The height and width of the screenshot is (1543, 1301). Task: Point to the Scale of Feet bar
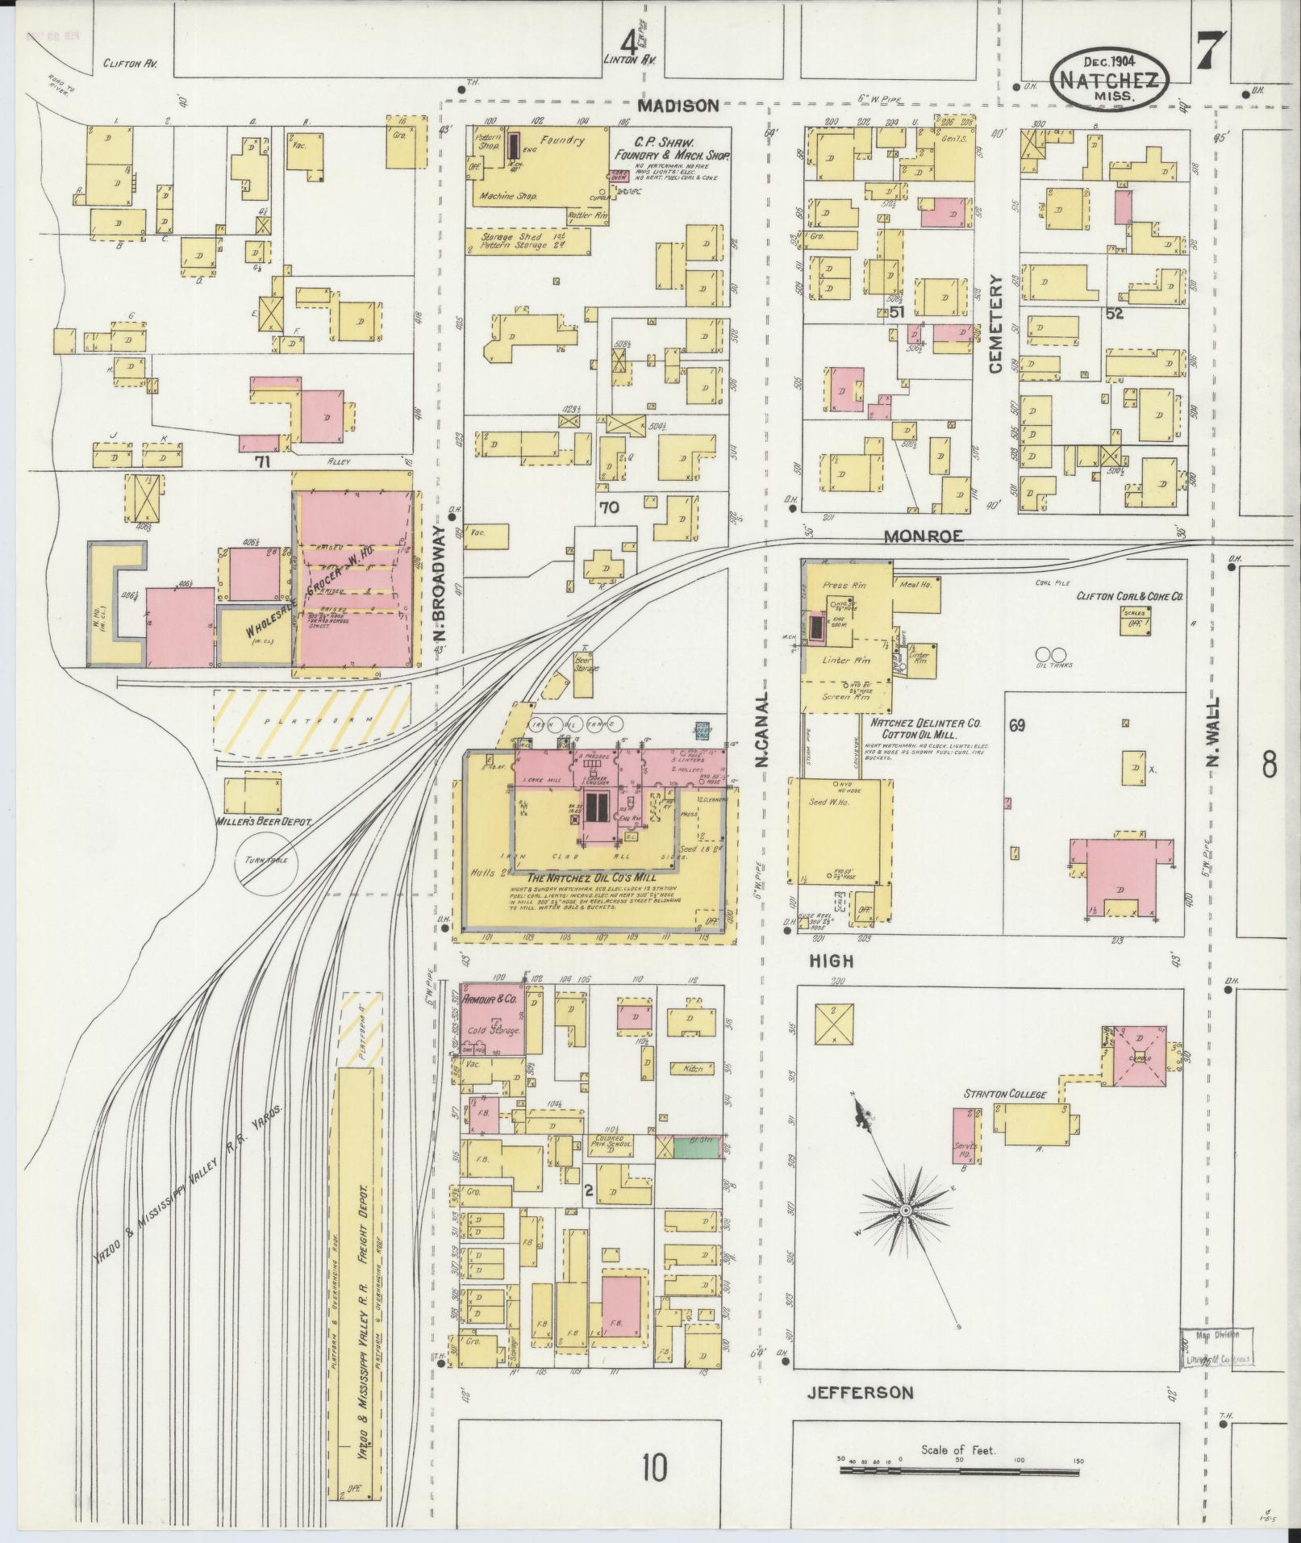click(959, 1470)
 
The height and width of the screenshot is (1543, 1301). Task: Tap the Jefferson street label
click(861, 1393)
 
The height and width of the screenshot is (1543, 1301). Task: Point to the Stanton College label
click(1004, 1095)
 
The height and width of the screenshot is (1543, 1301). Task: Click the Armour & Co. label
click(493, 999)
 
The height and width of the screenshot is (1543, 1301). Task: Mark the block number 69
click(1016, 726)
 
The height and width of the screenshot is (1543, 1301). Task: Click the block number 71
click(261, 461)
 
